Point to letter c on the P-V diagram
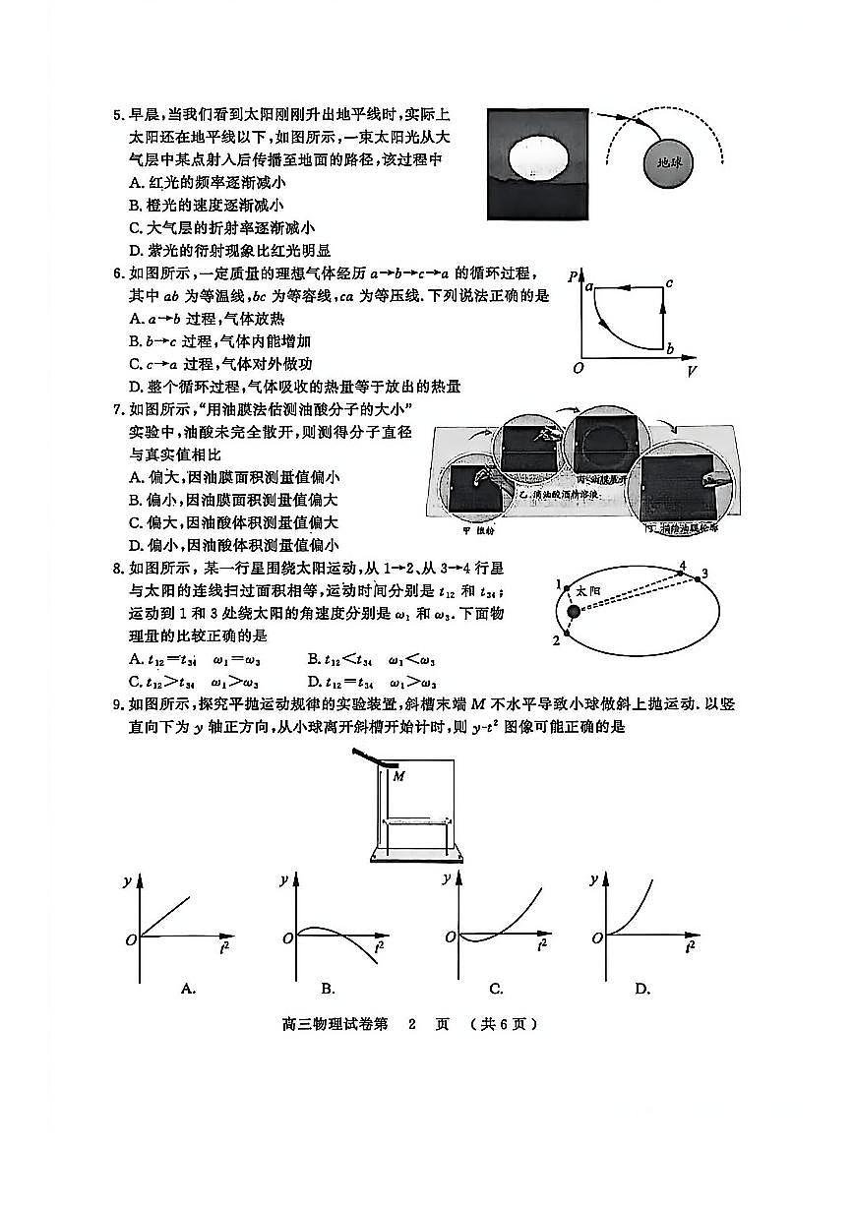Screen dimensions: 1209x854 (669, 283)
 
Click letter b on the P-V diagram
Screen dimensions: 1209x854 (670, 349)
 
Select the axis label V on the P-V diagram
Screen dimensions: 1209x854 (693, 371)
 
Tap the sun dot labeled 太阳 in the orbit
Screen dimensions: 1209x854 (574, 613)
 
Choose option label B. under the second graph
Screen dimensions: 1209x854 (329, 988)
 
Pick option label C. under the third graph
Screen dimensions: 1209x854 (496, 988)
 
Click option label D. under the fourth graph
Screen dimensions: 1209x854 (642, 988)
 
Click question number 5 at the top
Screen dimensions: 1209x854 (118, 115)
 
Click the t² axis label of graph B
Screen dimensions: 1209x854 (380, 948)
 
